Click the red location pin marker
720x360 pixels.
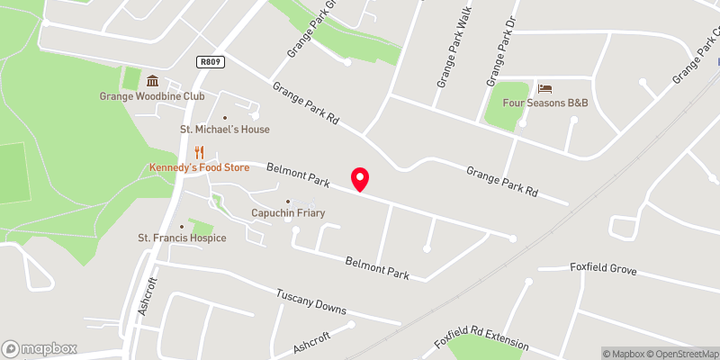360,179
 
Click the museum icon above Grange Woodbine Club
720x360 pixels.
152,81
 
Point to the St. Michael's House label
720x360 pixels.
224,130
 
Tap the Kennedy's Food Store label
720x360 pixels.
199,167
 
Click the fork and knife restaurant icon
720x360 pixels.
200,152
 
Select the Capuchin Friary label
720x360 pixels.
287,213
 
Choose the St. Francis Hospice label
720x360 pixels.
182,238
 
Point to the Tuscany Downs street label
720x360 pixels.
311,301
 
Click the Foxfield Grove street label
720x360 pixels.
603,268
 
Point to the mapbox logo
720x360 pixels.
39,348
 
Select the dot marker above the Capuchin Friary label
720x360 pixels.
288,202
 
